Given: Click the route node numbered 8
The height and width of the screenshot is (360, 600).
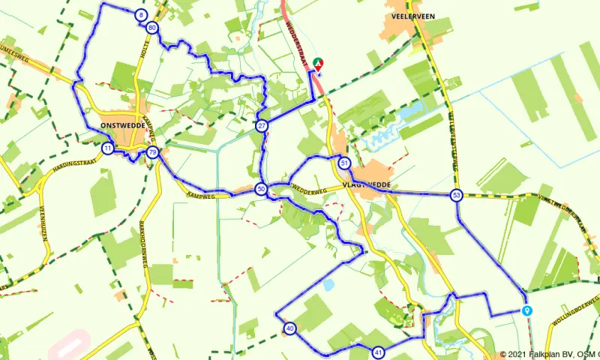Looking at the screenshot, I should click(141, 15).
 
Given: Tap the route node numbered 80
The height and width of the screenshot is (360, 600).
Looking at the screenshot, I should click(152, 28).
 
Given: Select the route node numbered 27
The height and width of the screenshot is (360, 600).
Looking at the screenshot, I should click(261, 125).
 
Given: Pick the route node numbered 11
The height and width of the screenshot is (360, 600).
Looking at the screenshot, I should click(109, 148).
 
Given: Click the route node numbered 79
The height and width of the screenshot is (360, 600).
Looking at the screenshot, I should click(153, 152).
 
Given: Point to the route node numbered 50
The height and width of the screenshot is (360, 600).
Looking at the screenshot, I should click(260, 189).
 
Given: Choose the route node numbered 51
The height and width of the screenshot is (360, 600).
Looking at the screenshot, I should click(344, 163).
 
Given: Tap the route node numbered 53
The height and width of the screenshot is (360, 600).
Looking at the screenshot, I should click(457, 196).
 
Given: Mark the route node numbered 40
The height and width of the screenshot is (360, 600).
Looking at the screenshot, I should click(289, 328).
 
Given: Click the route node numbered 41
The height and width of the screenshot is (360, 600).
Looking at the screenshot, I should click(378, 352).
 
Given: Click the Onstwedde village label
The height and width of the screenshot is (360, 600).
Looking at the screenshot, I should click(121, 126).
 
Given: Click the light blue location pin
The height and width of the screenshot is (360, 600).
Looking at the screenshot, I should click(527, 310).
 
